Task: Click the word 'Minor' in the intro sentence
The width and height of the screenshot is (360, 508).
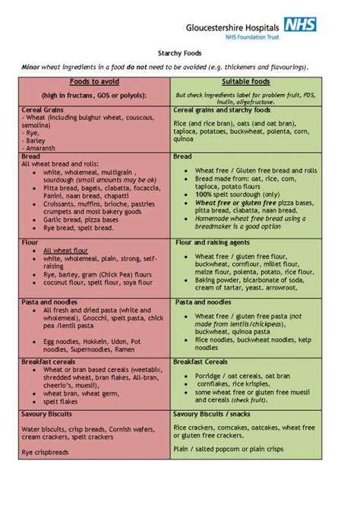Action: tap(30, 67)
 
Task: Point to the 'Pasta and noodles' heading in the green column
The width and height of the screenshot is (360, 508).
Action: tap(202, 302)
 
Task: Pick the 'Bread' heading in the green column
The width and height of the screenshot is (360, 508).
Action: tap(183, 156)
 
